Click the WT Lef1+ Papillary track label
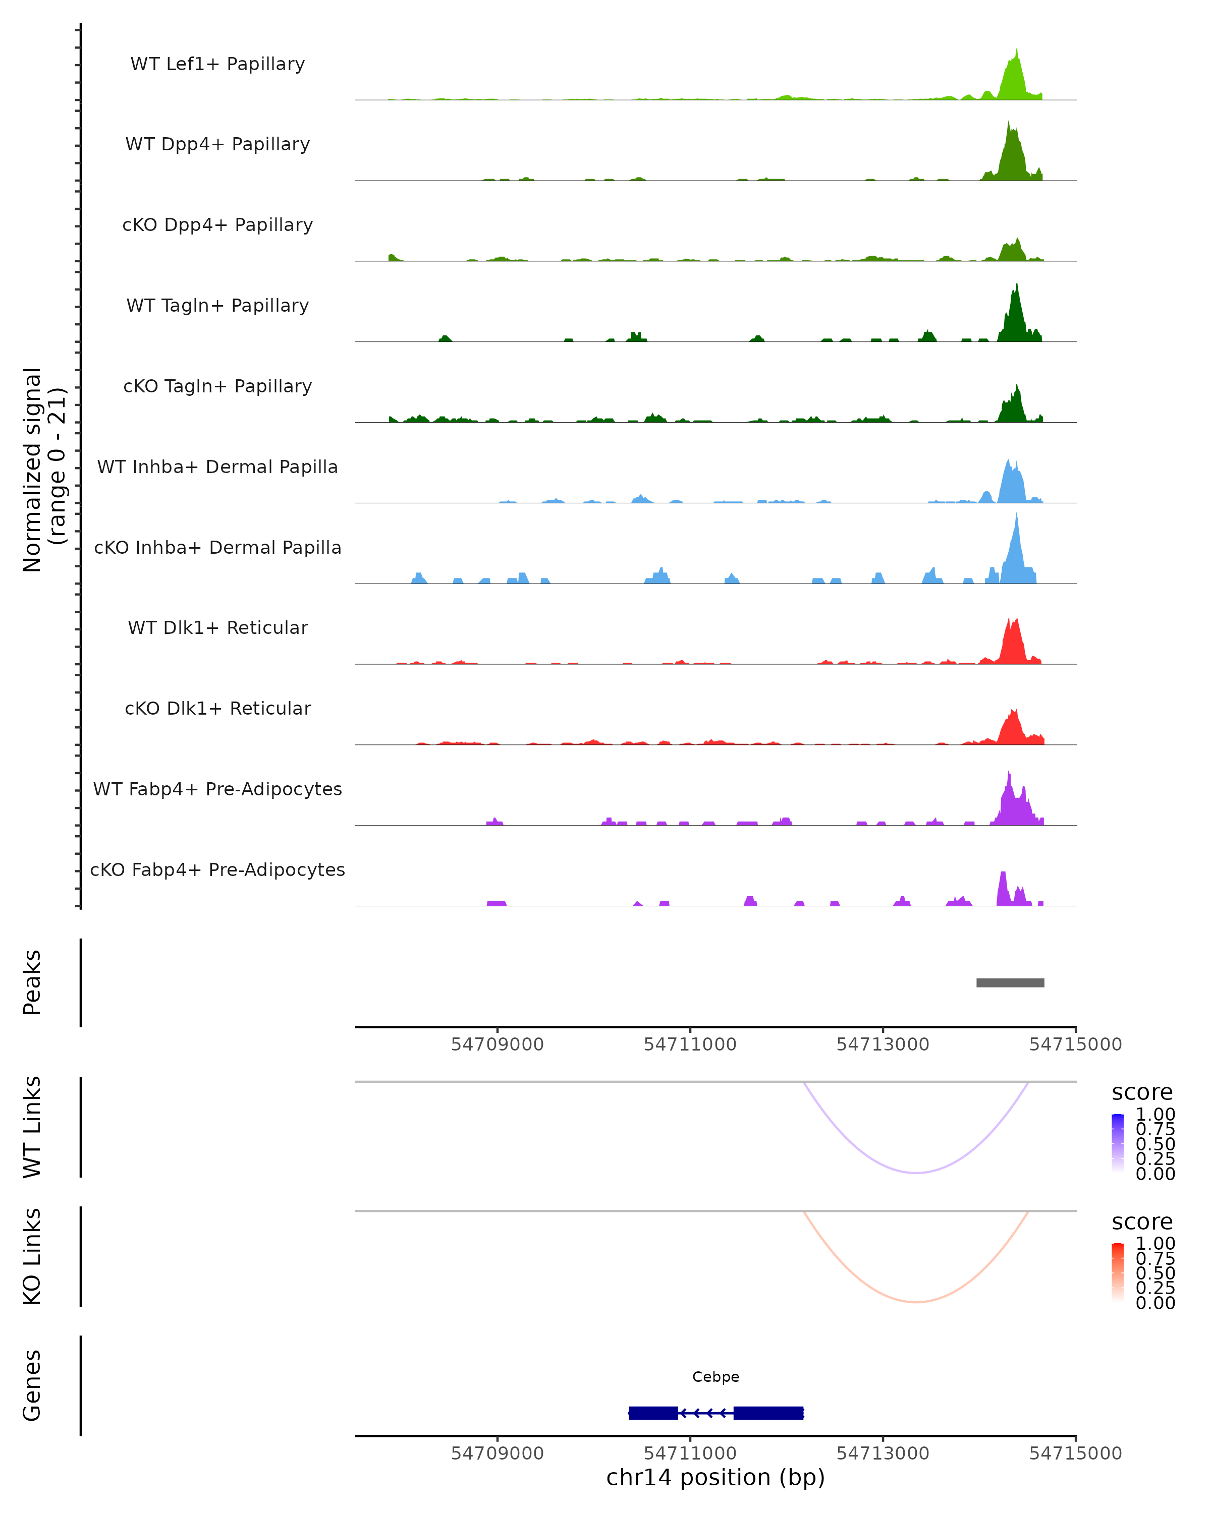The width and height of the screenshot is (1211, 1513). pos(217,64)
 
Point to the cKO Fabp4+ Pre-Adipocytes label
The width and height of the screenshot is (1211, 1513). pos(217,869)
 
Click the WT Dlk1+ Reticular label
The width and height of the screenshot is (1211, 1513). pos(217,627)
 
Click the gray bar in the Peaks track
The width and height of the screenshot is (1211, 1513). pos(1010,982)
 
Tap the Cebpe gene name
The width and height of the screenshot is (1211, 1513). pos(715,1377)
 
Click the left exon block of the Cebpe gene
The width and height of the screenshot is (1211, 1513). pos(653,1413)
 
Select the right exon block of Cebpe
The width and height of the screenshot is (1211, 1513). pos(768,1413)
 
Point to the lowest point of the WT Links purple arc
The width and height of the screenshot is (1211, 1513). pos(916,1173)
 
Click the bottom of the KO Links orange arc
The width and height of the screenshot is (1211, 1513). pos(916,1302)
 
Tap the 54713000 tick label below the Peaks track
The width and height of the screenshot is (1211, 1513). pos(883,1044)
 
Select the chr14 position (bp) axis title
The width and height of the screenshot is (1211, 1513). pos(715,1477)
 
